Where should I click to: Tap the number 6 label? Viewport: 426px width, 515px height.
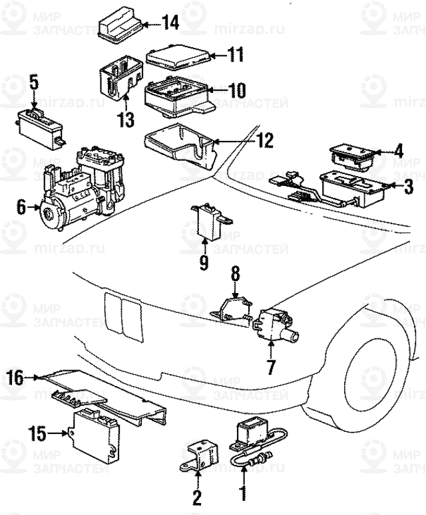pyautogui.click(x=21, y=209)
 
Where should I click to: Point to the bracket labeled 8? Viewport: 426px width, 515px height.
pyautogui.click(x=233, y=307)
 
